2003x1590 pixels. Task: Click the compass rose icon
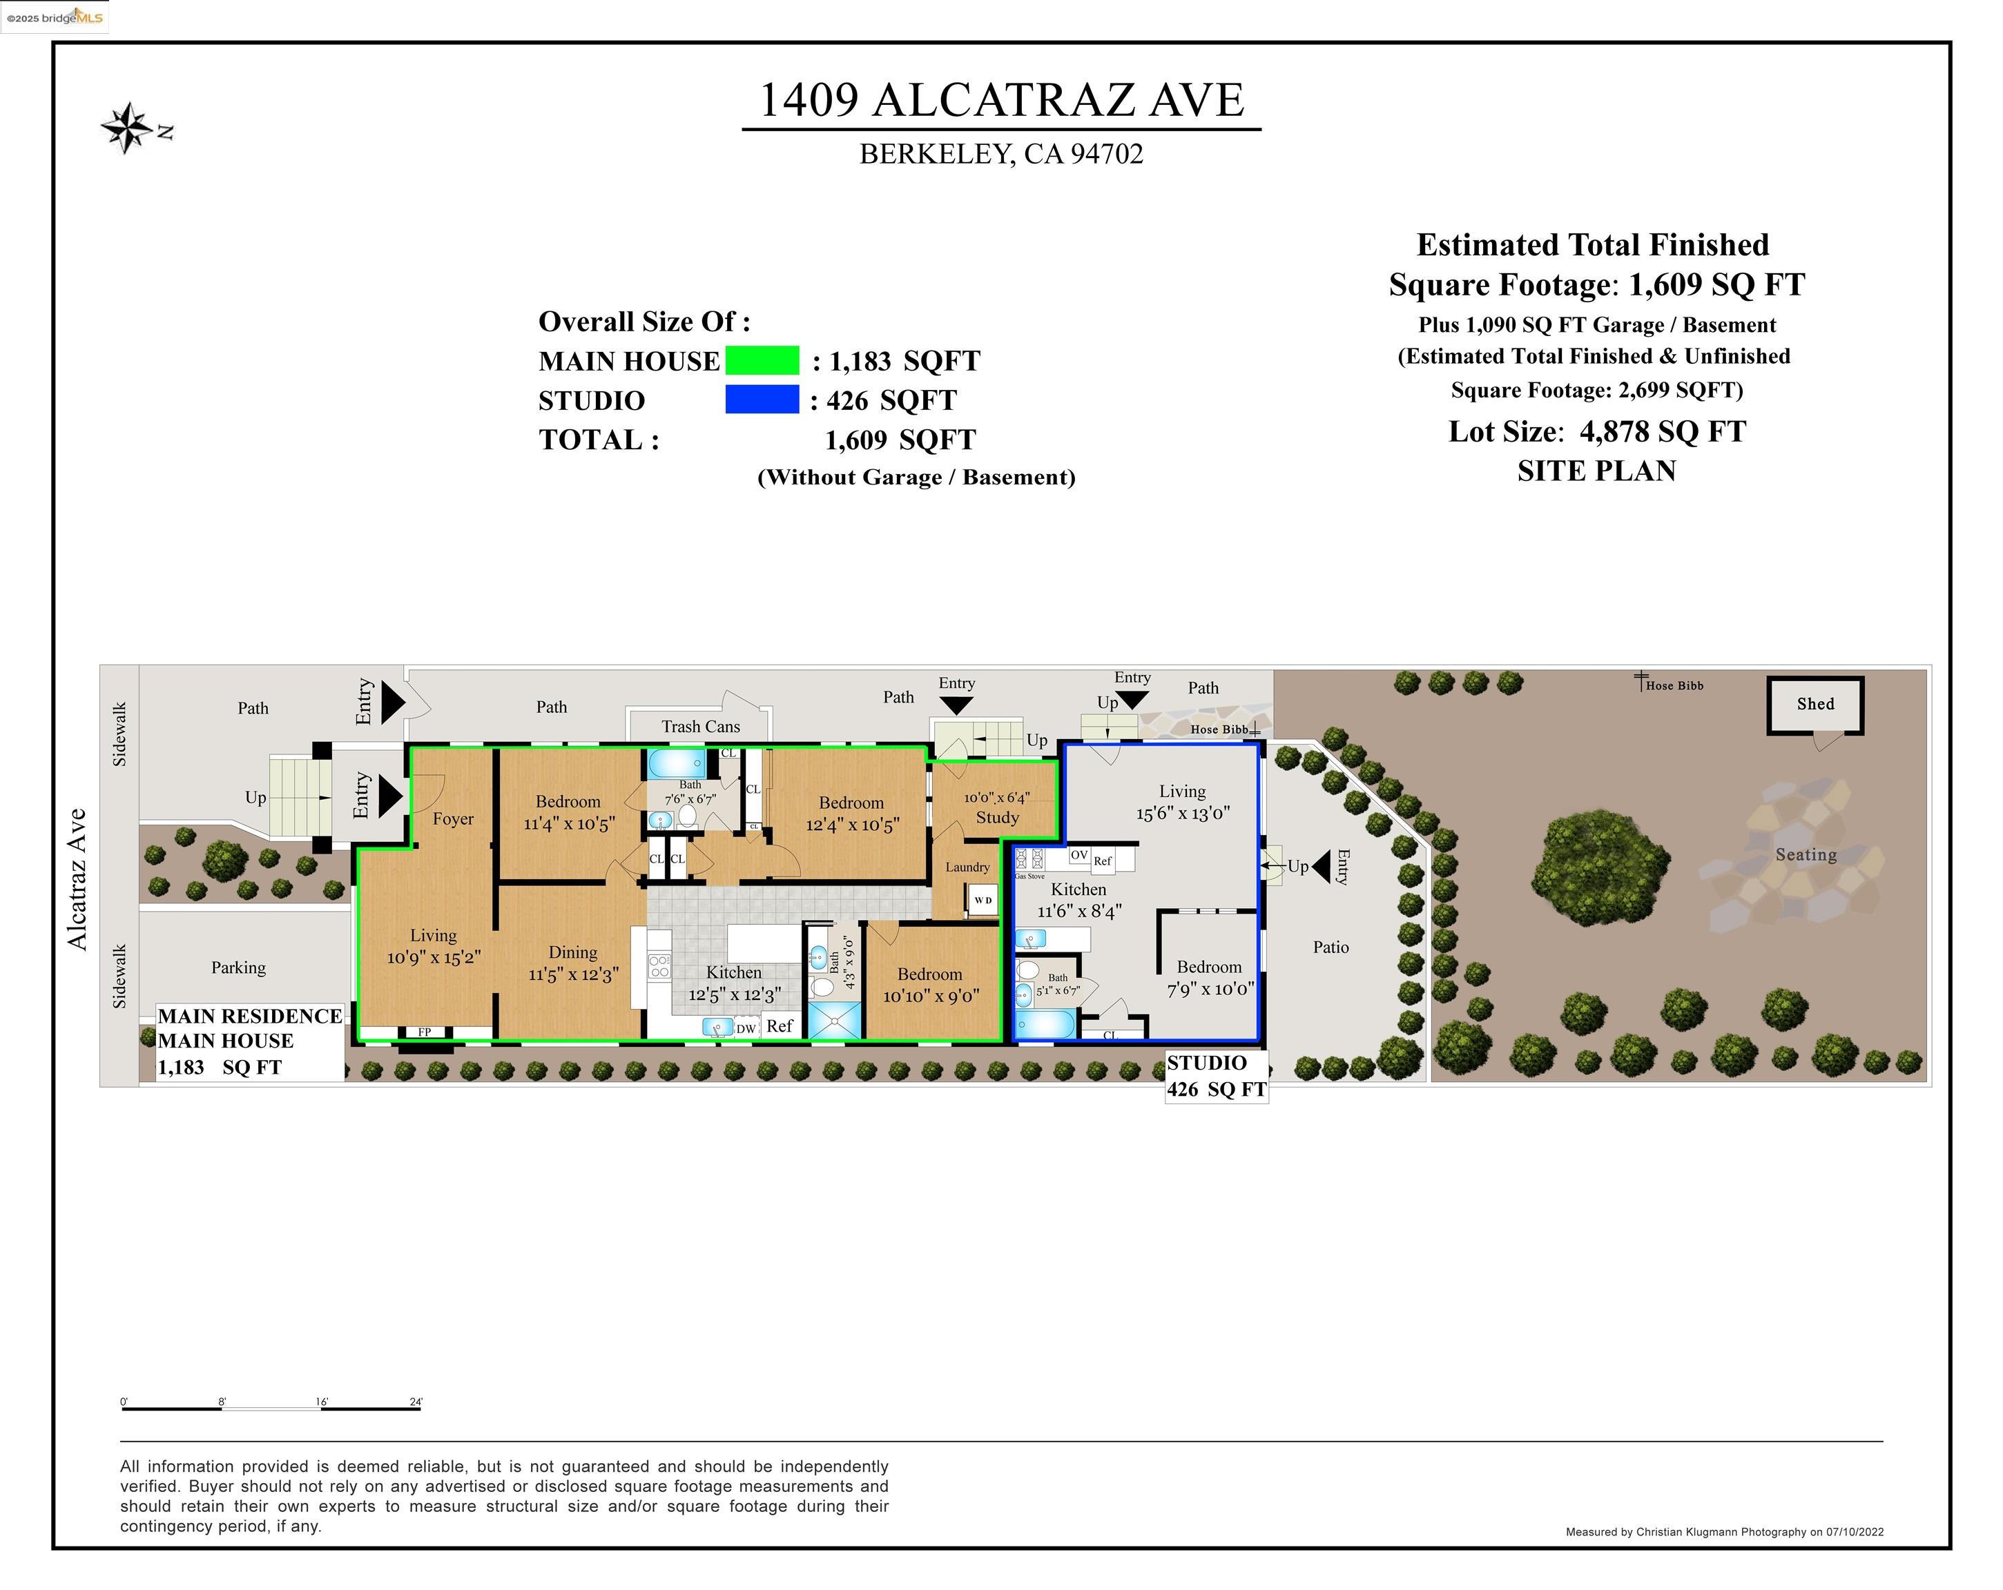point(126,128)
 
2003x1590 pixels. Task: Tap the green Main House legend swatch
point(762,360)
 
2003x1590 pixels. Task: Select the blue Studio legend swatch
point(762,400)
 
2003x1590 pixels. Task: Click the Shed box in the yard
point(1815,705)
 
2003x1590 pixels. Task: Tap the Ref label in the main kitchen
point(780,1026)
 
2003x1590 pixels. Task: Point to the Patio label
point(1331,948)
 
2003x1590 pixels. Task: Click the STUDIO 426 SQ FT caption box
point(1216,1077)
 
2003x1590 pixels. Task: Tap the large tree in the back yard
point(1598,868)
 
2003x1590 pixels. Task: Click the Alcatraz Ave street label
point(77,879)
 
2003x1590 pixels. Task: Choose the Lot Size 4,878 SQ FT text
point(1596,432)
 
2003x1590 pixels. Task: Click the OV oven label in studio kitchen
point(1078,855)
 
